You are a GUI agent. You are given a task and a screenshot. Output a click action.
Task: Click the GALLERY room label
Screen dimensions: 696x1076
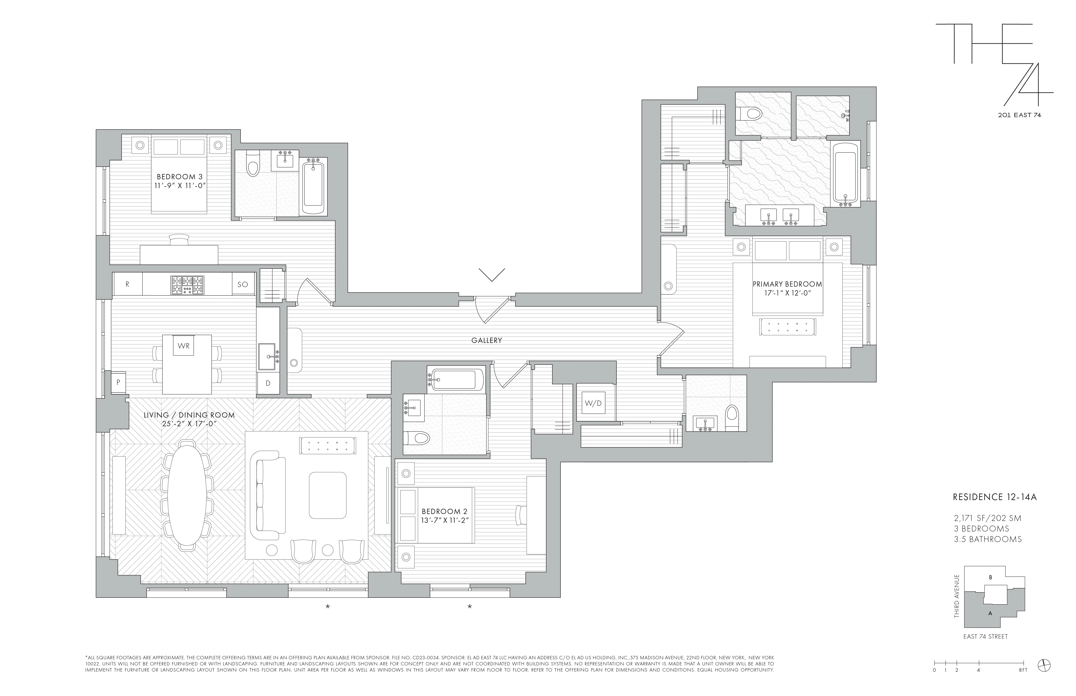click(x=487, y=340)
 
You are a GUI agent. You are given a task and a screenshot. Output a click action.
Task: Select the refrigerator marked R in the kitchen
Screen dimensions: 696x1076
click(x=127, y=284)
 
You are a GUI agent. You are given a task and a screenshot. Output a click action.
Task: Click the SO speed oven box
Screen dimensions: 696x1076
click(x=243, y=284)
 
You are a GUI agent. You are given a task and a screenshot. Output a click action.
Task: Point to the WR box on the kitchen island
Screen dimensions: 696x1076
click(x=184, y=346)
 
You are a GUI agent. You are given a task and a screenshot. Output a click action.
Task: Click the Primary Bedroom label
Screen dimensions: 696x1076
click(x=787, y=284)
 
